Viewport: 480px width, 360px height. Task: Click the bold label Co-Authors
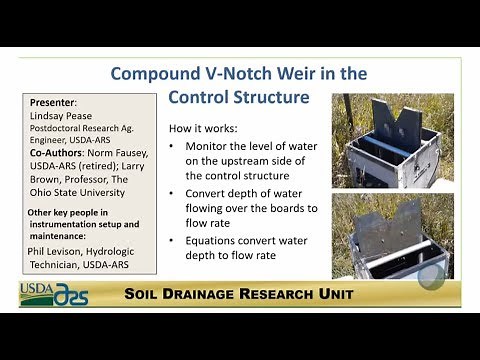58,153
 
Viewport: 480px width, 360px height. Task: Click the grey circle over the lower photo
432,277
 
